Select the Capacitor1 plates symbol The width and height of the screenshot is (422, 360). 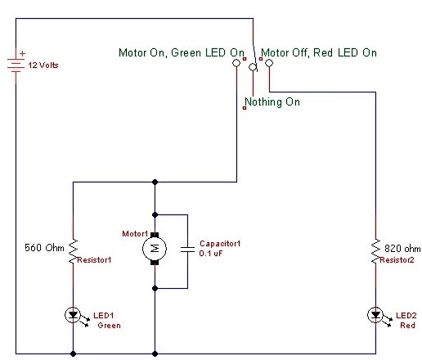coord(187,249)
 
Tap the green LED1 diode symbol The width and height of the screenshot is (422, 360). coord(73,315)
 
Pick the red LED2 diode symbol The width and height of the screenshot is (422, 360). coord(375,315)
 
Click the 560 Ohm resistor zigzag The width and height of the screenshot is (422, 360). coord(73,251)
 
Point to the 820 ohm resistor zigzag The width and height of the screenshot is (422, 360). coord(375,251)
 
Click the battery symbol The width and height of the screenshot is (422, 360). coord(16,65)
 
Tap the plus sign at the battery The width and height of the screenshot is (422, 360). coord(22,53)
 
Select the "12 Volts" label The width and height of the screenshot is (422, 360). coord(43,65)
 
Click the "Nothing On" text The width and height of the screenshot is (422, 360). coord(272,102)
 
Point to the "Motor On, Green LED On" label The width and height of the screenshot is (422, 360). coord(182,52)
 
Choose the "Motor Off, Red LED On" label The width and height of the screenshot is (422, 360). coord(319,52)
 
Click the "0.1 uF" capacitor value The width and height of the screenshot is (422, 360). coord(211,254)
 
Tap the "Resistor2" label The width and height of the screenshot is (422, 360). coord(397,260)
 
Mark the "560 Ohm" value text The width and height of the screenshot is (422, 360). coord(44,248)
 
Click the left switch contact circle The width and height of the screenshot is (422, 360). coord(236,63)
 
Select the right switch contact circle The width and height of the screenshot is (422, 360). coord(269,63)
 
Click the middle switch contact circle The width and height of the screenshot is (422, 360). coord(253,67)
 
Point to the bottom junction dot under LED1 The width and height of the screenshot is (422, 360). coord(73,354)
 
